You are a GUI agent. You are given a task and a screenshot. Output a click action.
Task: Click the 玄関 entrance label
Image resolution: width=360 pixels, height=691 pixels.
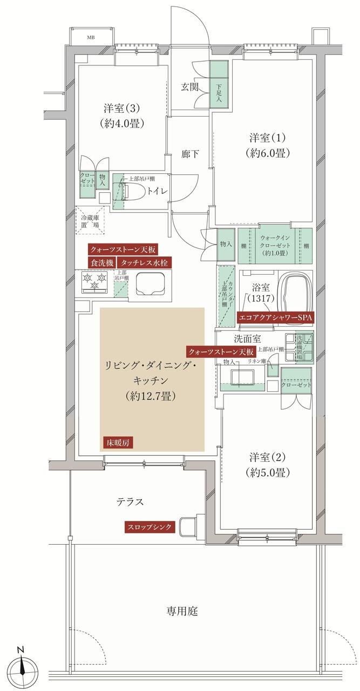(x=190, y=86)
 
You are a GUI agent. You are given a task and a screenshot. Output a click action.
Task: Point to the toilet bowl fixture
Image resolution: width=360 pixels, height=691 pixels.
(x=135, y=191)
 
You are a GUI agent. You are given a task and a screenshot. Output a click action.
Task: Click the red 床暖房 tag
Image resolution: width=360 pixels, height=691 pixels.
(x=117, y=443)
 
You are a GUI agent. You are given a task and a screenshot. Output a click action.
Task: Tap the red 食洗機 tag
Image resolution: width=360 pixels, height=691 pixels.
(x=101, y=262)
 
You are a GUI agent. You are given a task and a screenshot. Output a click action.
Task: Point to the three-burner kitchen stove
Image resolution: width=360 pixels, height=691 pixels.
(x=94, y=281)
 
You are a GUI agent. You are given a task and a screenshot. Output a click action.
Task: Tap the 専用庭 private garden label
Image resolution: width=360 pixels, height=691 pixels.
(x=181, y=611)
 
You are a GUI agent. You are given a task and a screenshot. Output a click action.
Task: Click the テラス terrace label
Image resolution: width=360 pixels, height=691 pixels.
(x=130, y=502)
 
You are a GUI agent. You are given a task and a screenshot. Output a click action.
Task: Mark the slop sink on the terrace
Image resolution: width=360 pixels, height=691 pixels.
(x=188, y=526)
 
